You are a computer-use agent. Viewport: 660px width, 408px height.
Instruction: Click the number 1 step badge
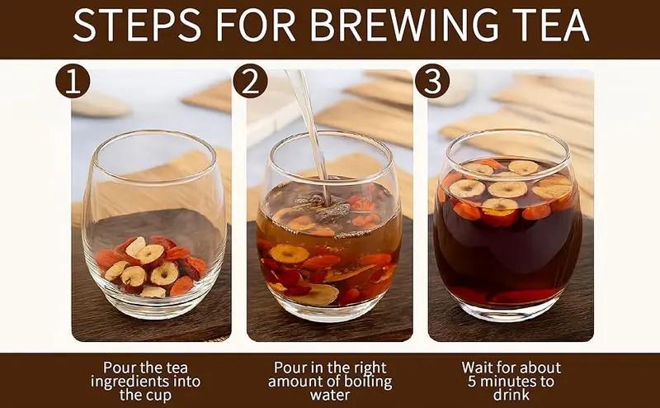pos(73,81)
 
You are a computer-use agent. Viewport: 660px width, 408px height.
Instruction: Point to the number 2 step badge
pos(251,81)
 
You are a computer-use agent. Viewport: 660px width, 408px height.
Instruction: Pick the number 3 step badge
pos(432,81)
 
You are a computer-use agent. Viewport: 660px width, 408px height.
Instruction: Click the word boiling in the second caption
pos(370,382)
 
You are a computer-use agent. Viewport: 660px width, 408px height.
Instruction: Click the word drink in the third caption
pos(511,396)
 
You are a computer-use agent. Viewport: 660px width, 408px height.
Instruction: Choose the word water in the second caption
pos(330,396)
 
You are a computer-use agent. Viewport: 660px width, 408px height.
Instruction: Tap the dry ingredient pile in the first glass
pos(153,267)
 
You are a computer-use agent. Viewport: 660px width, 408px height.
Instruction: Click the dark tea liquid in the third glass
pos(507,253)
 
